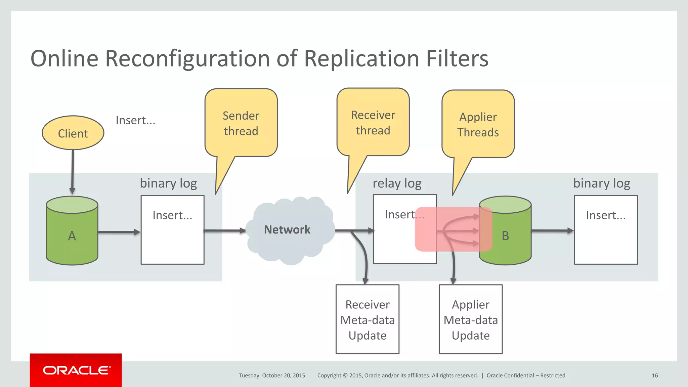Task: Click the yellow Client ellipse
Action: pos(73,133)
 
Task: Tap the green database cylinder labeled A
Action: pos(72,235)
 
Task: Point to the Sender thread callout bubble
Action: pos(241,123)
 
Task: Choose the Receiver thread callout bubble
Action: pos(373,122)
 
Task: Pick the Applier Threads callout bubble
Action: pos(478,124)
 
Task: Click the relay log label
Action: pos(397,183)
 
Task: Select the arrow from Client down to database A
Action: pos(73,171)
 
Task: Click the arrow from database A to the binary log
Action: pos(119,232)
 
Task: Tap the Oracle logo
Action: pos(76,370)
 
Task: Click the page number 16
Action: pos(654,376)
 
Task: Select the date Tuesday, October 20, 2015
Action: pos(272,376)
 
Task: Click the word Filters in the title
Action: pos(457,58)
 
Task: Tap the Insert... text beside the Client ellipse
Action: pos(135,120)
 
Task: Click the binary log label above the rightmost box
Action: pos(601,183)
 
